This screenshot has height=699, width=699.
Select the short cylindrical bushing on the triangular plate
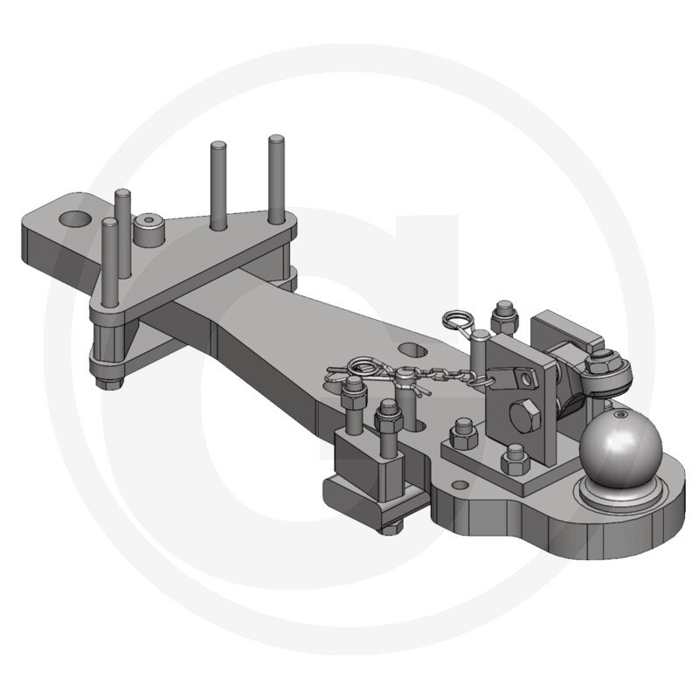(149, 232)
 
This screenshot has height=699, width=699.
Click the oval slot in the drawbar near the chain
(408, 349)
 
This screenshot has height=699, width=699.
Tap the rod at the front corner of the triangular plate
(110, 262)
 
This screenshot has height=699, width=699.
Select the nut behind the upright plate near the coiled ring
(503, 314)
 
